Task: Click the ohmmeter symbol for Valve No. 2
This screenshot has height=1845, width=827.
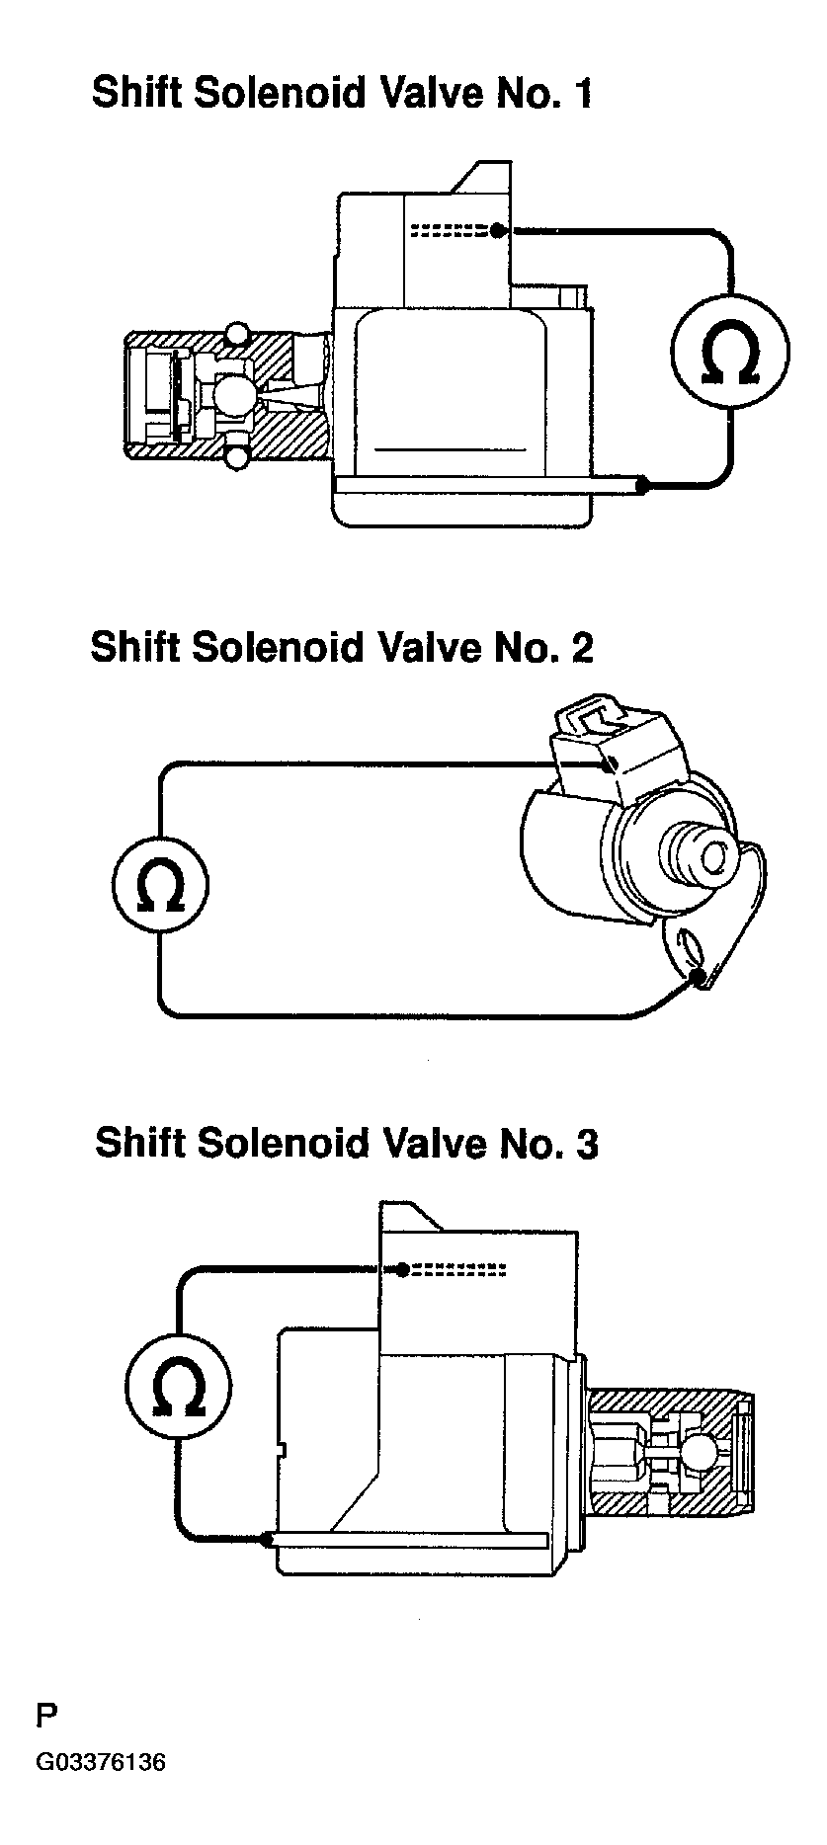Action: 160,884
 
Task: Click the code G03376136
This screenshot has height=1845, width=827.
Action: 101,1763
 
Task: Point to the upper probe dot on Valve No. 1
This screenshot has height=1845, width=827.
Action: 498,230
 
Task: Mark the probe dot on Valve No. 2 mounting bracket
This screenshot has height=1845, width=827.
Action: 701,977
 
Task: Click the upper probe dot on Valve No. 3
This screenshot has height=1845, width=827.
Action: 402,1269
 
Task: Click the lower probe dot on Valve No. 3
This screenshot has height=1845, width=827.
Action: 267,1539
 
